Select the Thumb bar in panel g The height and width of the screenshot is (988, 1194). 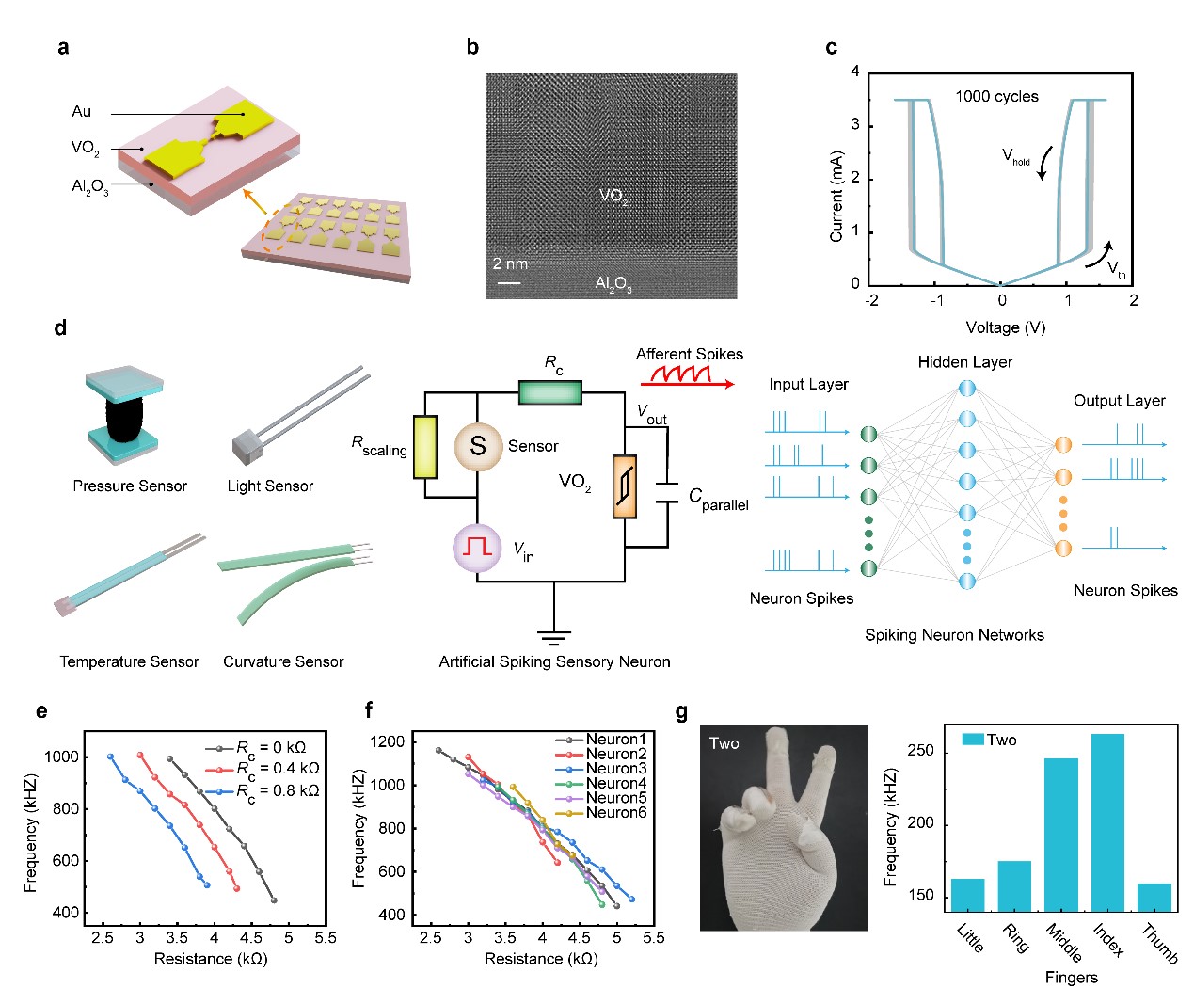[x=1154, y=898]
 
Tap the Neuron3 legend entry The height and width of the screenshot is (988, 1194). [x=615, y=769]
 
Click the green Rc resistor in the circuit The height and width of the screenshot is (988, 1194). [x=550, y=392]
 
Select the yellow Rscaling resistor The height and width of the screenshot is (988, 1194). [x=425, y=447]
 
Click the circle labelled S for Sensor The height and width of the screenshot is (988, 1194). [x=478, y=446]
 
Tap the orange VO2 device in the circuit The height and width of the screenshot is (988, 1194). [x=625, y=486]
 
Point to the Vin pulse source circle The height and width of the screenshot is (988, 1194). [x=478, y=548]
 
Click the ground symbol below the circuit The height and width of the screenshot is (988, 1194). [x=553, y=636]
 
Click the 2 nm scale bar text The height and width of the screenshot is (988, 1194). [x=510, y=263]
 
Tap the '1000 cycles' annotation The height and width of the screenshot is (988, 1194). [x=996, y=96]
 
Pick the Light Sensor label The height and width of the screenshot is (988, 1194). [x=270, y=486]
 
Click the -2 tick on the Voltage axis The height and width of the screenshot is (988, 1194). [x=872, y=300]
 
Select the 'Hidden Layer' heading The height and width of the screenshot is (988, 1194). [x=964, y=362]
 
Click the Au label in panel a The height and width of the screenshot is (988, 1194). [x=82, y=111]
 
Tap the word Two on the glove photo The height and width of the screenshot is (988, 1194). [x=724, y=743]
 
